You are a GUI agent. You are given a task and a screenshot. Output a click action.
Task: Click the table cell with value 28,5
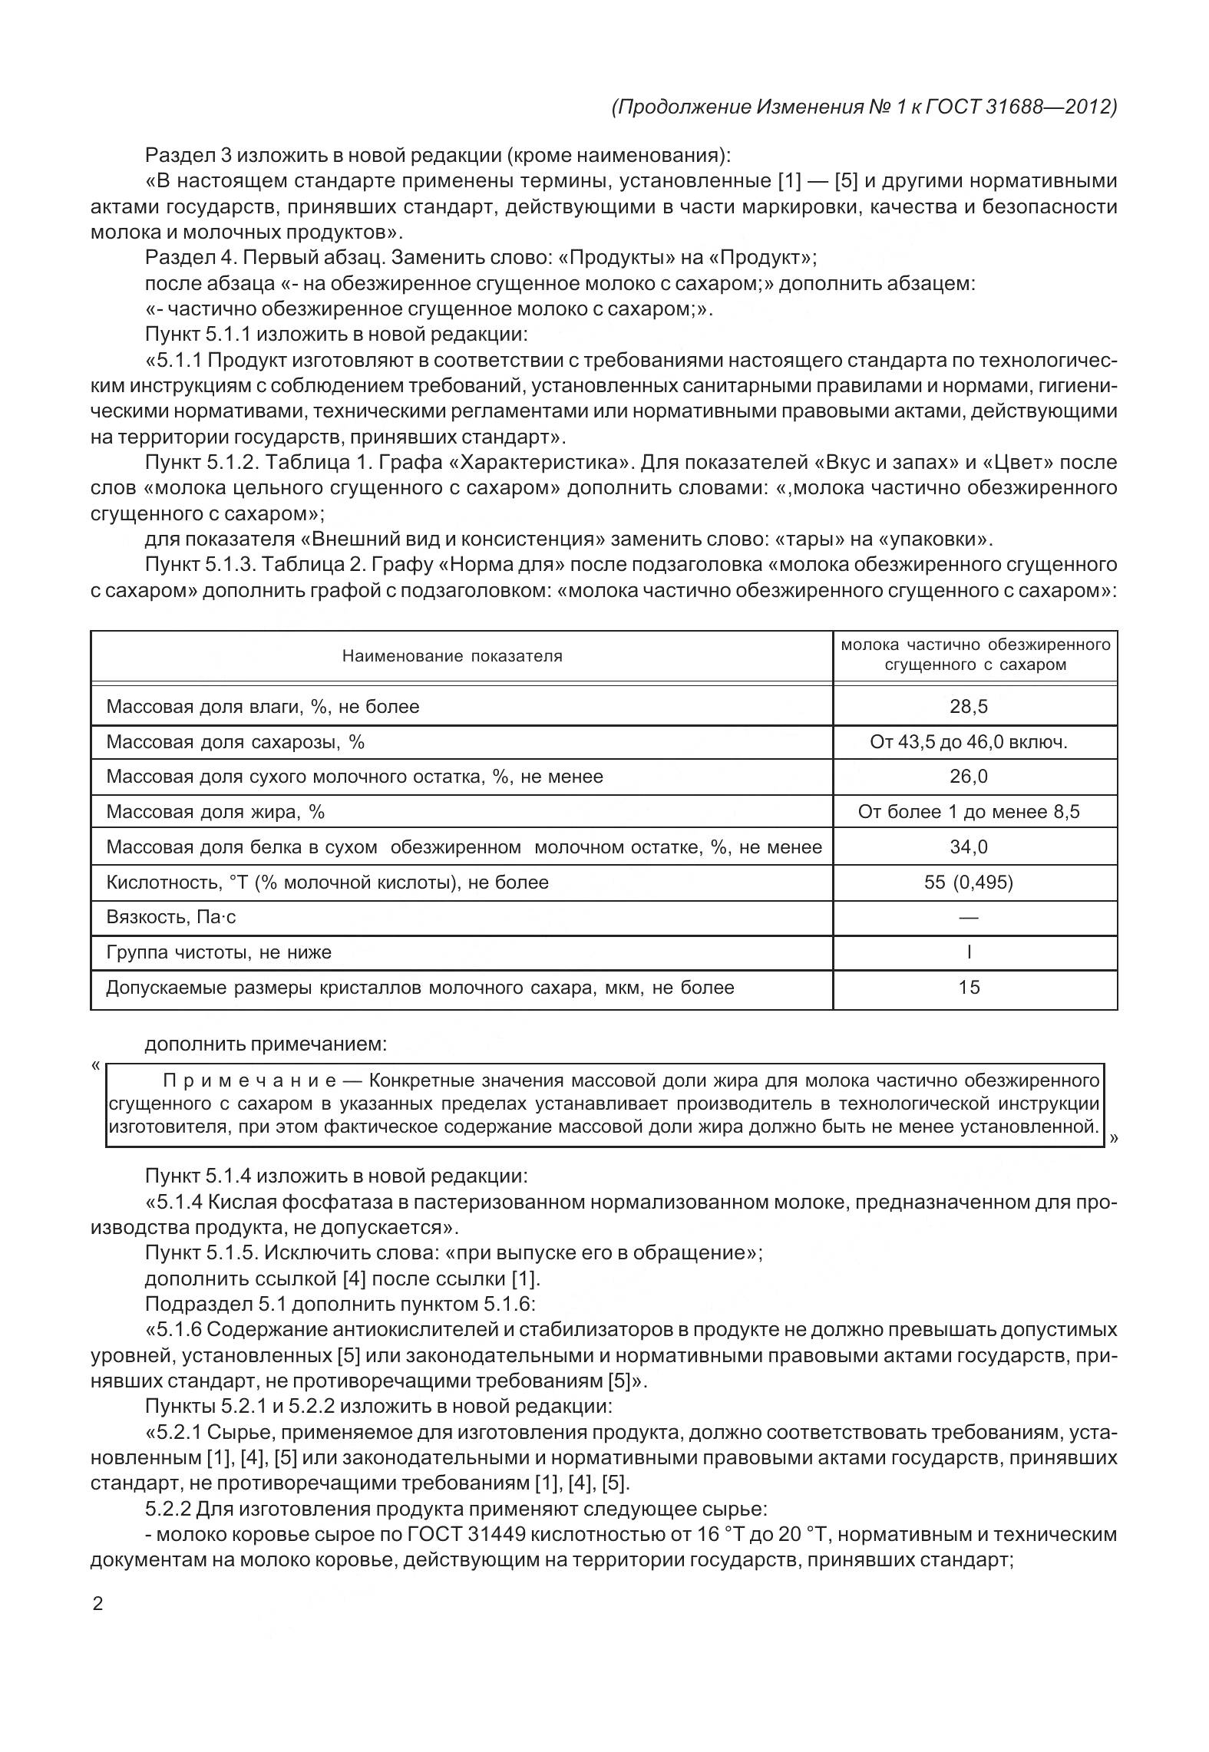969,706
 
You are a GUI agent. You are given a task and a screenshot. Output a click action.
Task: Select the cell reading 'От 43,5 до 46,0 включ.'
969,742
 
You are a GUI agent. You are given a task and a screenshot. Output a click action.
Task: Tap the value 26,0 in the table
969,777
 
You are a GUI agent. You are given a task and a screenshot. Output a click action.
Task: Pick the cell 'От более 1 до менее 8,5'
969,812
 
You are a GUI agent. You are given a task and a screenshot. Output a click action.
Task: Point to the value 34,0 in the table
969,847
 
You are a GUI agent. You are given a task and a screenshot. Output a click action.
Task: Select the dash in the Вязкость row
969,918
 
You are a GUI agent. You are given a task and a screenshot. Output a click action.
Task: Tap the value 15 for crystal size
969,988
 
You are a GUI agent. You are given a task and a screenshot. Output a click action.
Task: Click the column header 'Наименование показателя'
452,656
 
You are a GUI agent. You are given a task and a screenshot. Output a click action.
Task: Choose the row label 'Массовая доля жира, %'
216,812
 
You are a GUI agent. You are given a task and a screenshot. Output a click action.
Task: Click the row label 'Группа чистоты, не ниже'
219,953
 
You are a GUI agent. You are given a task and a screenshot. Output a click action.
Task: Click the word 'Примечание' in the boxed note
249,1081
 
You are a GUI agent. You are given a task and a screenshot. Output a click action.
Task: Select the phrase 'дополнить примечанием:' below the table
266,1044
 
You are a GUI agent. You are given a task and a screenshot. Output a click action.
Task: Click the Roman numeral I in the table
969,953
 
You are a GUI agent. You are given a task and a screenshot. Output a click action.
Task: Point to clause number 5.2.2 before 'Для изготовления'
167,1509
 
